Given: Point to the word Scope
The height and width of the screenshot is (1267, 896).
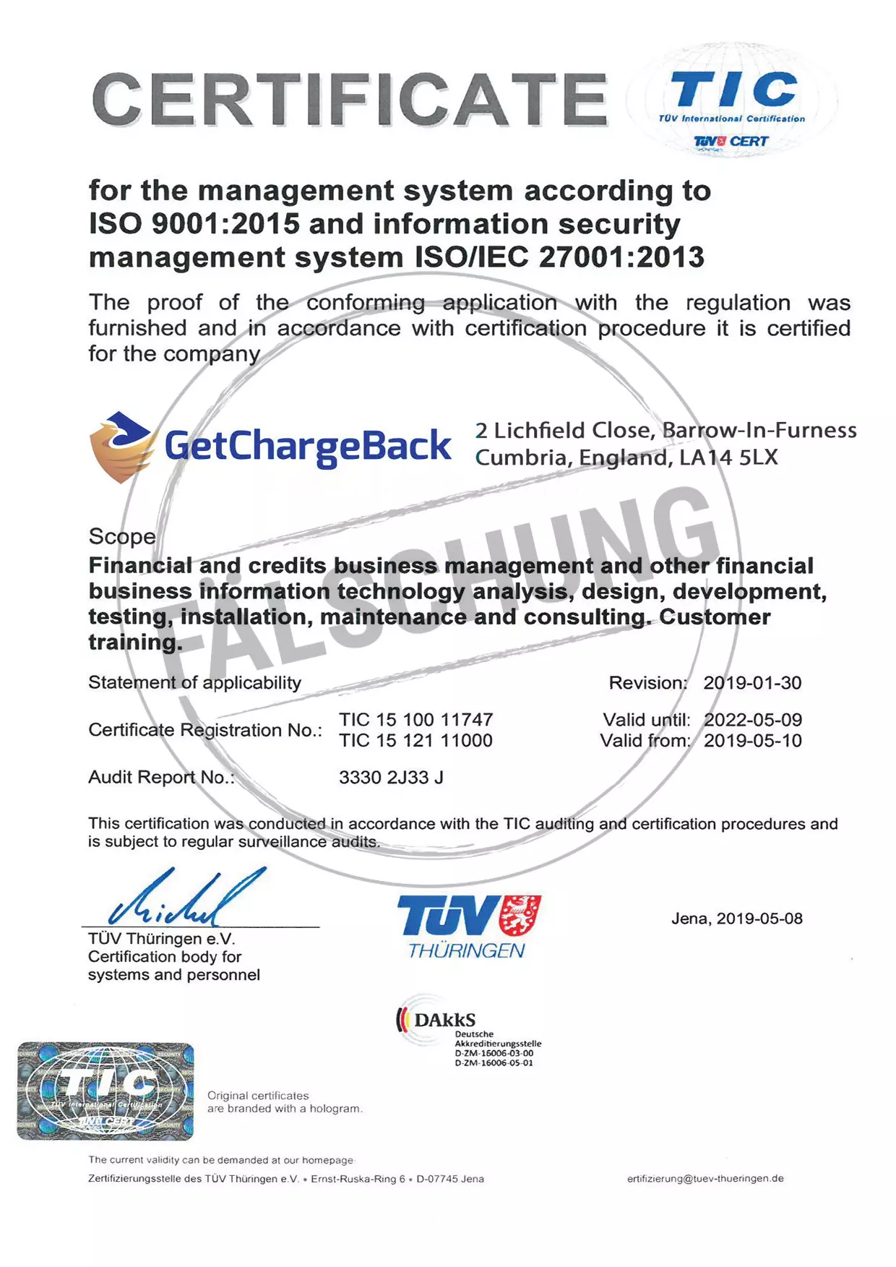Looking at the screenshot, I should [x=122, y=536].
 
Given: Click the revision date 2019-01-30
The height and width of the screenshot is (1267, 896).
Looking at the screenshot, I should [x=752, y=683].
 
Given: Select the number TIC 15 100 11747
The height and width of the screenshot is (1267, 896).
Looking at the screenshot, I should [x=416, y=720].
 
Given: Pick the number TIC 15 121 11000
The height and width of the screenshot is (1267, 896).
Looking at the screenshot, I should [x=416, y=741].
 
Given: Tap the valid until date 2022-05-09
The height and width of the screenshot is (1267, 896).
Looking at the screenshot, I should [x=752, y=720].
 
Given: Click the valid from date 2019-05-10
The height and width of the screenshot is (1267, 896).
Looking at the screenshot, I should [x=752, y=741].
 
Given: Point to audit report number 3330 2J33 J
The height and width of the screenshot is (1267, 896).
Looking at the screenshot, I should [x=391, y=778].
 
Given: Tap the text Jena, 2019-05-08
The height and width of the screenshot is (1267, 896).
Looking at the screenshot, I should [x=736, y=919].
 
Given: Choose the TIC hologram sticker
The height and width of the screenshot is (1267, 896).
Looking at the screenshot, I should [x=105, y=1091].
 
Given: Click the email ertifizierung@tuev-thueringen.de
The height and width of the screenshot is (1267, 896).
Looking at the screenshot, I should [x=705, y=1179].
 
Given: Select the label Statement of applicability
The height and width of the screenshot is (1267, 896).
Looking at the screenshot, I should [x=194, y=683].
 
